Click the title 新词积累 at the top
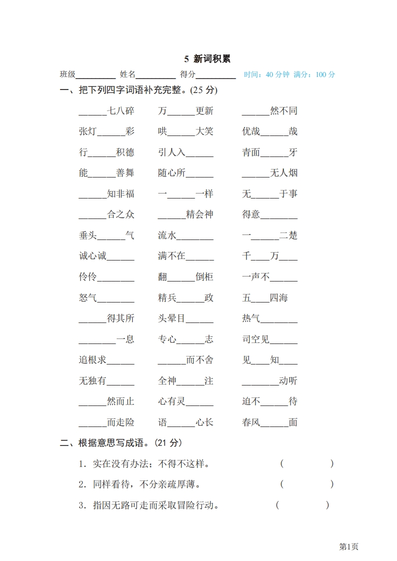[x=207, y=59]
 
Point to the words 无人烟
[x=284, y=173]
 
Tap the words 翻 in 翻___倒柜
[x=162, y=277]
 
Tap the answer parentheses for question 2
[x=307, y=484]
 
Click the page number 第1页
[x=349, y=547]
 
